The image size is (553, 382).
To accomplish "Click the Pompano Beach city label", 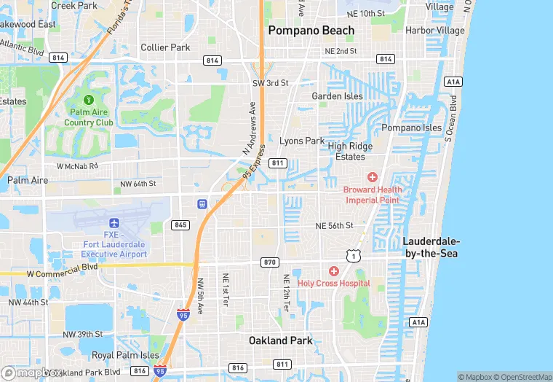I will (311, 31).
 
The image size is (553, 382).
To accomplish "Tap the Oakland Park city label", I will (280, 340).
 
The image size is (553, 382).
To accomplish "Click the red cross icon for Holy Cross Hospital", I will (334, 271).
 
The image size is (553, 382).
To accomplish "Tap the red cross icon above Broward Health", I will (373, 177).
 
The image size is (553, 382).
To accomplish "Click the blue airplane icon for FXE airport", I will (114, 222).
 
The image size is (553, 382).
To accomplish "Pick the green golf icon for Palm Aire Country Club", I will (89, 99).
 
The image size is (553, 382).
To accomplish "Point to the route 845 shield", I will (180, 225).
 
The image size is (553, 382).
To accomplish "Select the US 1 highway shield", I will (353, 254).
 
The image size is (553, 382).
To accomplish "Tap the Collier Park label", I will (165, 47).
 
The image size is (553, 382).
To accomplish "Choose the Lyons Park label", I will (302, 141).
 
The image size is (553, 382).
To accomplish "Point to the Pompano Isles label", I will (412, 128).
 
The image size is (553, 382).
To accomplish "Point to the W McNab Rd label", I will (73, 165).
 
